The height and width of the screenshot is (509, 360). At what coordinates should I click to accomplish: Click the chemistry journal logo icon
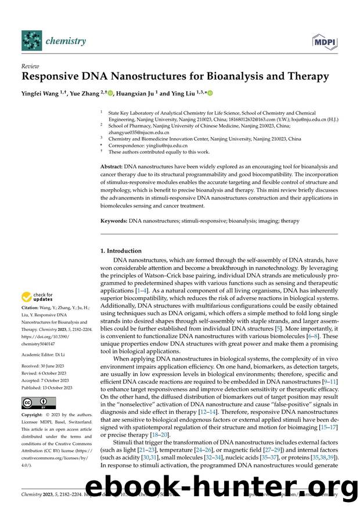tap(33, 40)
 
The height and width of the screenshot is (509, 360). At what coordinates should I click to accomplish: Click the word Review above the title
tap(30, 67)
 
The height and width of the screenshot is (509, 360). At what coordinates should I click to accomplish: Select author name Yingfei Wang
tap(42, 93)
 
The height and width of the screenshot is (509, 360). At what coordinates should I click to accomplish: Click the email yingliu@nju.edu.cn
tap(155, 146)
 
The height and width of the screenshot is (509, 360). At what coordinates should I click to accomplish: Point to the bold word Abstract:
tap(111, 167)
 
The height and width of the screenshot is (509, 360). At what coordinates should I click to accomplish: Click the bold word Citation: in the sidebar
tap(31, 313)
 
